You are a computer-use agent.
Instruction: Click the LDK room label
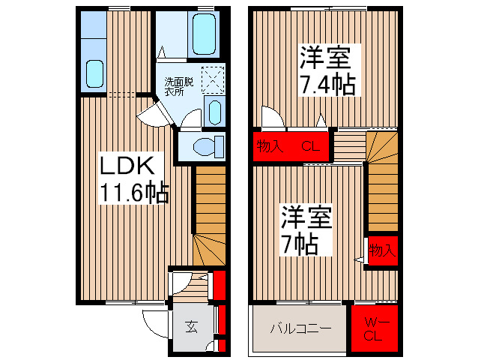(x=124, y=165)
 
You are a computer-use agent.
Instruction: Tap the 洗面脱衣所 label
(x=179, y=86)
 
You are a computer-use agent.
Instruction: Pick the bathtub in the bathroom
(x=204, y=32)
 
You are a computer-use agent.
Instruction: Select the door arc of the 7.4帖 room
(x=270, y=118)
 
